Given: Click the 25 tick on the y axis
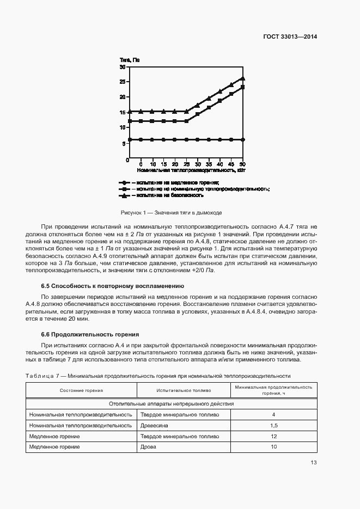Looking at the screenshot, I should click(x=123, y=82).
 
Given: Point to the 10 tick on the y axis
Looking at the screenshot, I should click(x=123, y=127).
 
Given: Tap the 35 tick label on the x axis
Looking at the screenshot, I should click(x=209, y=164).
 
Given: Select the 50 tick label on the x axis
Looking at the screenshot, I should click(x=242, y=164).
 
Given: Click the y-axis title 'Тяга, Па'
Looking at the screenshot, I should click(x=130, y=60).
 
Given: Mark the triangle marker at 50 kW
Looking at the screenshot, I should click(x=242, y=78).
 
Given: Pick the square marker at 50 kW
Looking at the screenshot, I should click(x=242, y=87).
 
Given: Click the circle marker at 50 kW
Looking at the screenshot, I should click(x=242, y=140).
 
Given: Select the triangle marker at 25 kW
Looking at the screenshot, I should click(x=186, y=111).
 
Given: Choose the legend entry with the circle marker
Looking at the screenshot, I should click(x=169, y=182).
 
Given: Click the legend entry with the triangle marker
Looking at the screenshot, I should click(x=161, y=195).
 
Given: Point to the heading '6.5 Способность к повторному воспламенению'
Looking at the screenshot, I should click(x=113, y=286).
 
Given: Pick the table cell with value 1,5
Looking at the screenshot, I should click(x=274, y=425).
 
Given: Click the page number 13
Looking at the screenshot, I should click(x=313, y=463).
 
